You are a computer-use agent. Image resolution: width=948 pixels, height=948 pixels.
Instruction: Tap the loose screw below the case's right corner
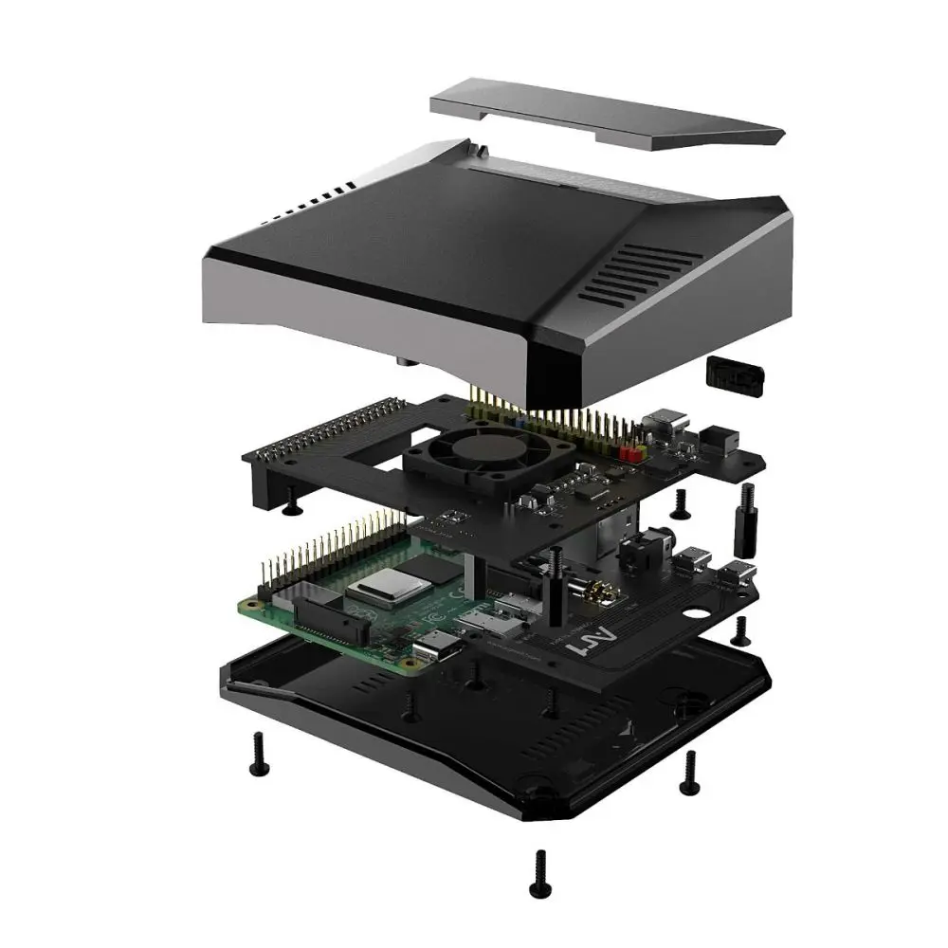coord(689,771)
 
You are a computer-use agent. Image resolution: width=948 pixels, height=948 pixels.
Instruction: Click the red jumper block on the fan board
coord(627,454)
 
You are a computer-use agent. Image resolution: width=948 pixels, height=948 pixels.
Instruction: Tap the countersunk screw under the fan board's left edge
coord(290,510)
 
